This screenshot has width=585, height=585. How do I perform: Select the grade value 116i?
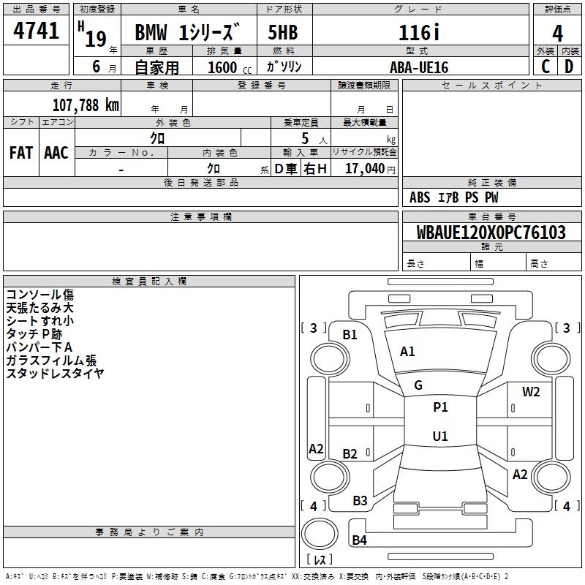(420, 33)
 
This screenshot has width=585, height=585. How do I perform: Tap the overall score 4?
(558, 33)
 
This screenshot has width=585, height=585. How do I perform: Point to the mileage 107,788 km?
(86, 105)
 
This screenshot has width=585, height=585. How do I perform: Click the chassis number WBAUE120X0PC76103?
(491, 233)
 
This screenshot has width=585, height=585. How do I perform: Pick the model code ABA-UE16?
(419, 67)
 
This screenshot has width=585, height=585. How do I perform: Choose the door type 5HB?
(282, 33)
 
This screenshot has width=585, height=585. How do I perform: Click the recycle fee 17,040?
(364, 168)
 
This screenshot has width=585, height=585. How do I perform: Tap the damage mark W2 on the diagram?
(531, 392)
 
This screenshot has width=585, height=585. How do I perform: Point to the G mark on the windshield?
(418, 385)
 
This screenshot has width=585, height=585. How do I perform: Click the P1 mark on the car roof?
(440, 407)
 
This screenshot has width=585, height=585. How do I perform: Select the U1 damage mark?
(440, 437)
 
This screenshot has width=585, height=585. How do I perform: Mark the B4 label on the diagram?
(359, 540)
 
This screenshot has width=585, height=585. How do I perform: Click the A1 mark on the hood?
(407, 352)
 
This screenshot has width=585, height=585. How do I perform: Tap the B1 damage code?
(350, 335)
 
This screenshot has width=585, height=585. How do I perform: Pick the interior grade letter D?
(569, 67)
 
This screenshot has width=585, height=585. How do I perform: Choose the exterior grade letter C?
(546, 67)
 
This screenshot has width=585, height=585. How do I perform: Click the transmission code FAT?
(21, 153)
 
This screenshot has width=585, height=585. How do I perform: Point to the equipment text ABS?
(420, 197)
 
